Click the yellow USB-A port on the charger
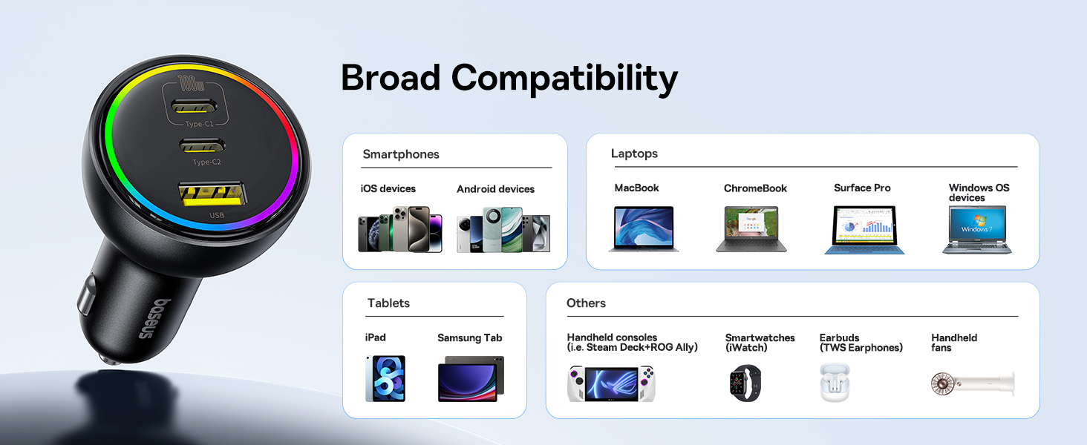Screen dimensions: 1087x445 [x=212, y=194]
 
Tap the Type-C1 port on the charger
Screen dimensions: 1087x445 [x=193, y=106]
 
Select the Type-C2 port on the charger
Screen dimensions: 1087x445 [x=202, y=145]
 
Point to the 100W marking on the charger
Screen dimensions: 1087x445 [x=191, y=83]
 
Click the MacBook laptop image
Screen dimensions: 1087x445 [x=644, y=228]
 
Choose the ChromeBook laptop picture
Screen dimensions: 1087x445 [x=751, y=228]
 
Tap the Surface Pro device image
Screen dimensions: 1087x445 [x=864, y=230]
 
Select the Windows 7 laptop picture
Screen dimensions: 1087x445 [x=977, y=230]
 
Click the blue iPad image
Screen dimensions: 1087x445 [x=385, y=378]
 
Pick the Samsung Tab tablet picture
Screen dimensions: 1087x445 [x=471, y=378]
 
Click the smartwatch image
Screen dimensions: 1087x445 [x=745, y=383]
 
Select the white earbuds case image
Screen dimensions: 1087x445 [x=835, y=382]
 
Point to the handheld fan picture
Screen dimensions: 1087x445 [x=973, y=383]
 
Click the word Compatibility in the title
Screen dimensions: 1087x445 [x=564, y=78]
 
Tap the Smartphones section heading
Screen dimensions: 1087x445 [x=401, y=154]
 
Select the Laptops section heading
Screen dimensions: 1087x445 [x=634, y=154]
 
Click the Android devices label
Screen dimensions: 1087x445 [x=495, y=189]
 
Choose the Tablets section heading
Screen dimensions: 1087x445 [x=388, y=303]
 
